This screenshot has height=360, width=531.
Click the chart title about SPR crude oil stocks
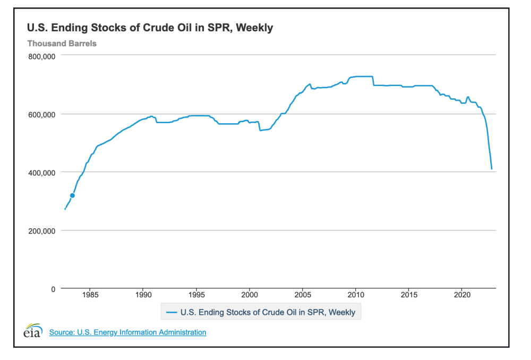click(x=150, y=28)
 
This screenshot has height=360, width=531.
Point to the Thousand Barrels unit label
click(x=62, y=44)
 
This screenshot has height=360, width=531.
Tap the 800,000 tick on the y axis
click(x=42, y=56)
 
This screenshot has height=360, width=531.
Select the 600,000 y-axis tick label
click(x=42, y=114)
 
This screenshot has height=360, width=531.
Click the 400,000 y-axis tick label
click(x=42, y=173)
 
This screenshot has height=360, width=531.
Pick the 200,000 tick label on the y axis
click(x=42, y=231)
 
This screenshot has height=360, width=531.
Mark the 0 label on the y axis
click(x=53, y=289)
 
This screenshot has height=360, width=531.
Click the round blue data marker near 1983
click(x=72, y=195)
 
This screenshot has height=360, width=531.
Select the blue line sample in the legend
click(x=171, y=312)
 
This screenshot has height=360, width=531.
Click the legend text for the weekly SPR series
click(x=268, y=312)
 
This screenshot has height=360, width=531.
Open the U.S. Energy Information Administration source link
click(x=127, y=332)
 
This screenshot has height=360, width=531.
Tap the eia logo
click(x=33, y=330)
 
